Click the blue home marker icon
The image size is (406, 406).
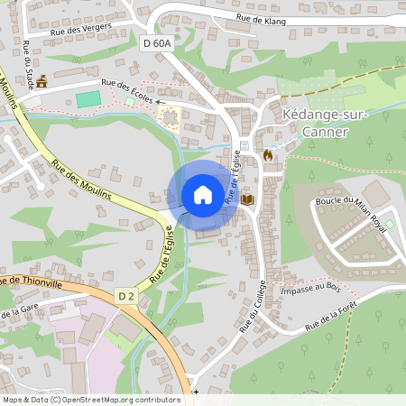tap(203, 194)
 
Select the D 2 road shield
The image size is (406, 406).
tap(125, 295)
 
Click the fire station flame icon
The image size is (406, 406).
tap(268, 155)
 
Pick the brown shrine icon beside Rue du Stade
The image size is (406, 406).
tap(41, 80)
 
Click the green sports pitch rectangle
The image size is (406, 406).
tap(88, 99)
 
